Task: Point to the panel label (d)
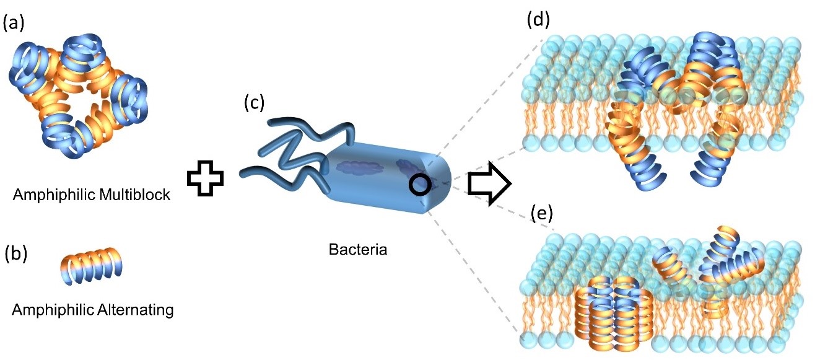click(538, 20)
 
